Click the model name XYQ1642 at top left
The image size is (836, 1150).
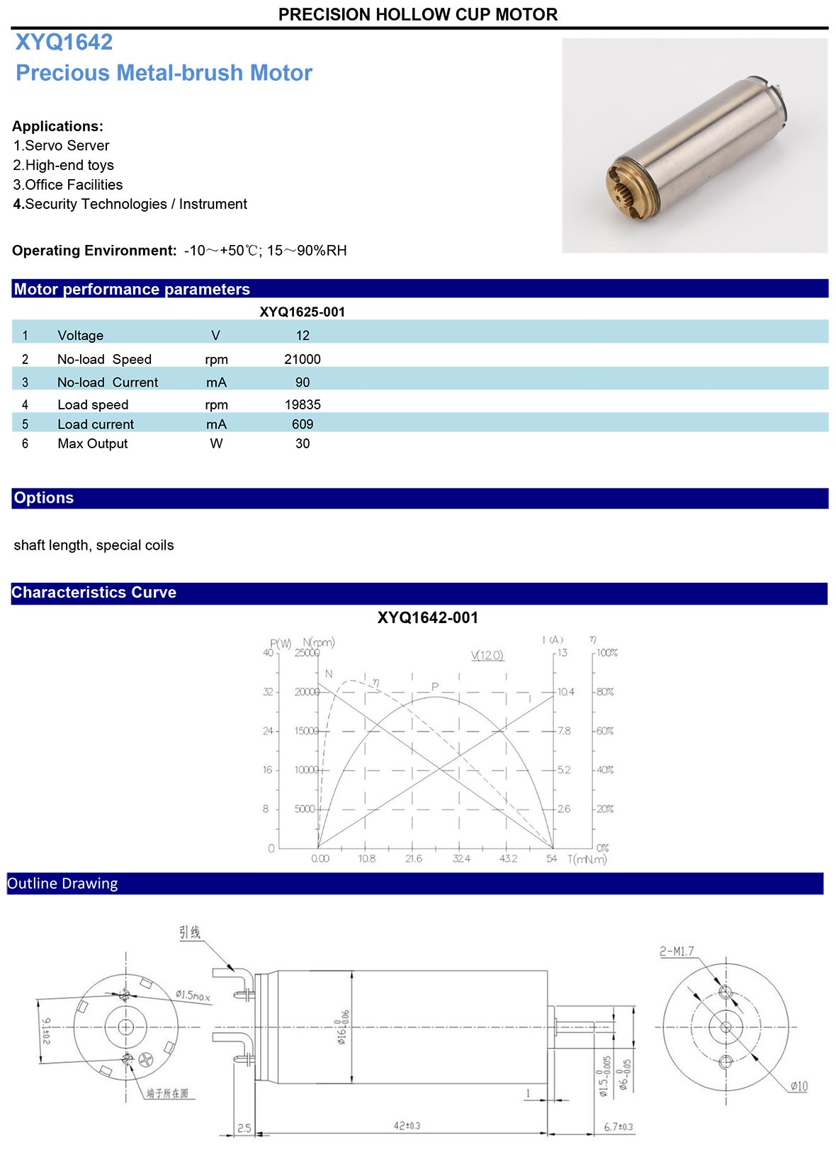point(64,42)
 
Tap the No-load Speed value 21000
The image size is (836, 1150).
point(303,359)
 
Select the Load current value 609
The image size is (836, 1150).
point(303,424)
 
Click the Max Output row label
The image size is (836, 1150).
point(93,444)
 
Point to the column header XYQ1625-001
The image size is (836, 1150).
point(303,312)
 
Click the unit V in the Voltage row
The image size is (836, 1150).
point(216,336)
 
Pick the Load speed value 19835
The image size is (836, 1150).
point(303,404)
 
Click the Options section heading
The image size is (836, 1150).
point(44,498)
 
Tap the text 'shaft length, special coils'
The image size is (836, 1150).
point(94,545)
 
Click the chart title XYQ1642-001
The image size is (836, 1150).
point(428,617)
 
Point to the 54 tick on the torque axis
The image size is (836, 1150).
point(552,859)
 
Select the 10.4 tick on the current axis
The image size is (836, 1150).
point(566,692)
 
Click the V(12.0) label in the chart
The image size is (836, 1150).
point(487,656)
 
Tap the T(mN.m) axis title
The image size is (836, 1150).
point(587,860)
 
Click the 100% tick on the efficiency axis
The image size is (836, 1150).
point(606,653)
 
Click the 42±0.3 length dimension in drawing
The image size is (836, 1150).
point(407,1125)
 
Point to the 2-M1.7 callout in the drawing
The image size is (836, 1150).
point(677,952)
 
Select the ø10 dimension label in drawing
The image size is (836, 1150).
point(798,1086)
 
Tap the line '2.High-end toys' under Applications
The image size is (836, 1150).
point(64,165)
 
